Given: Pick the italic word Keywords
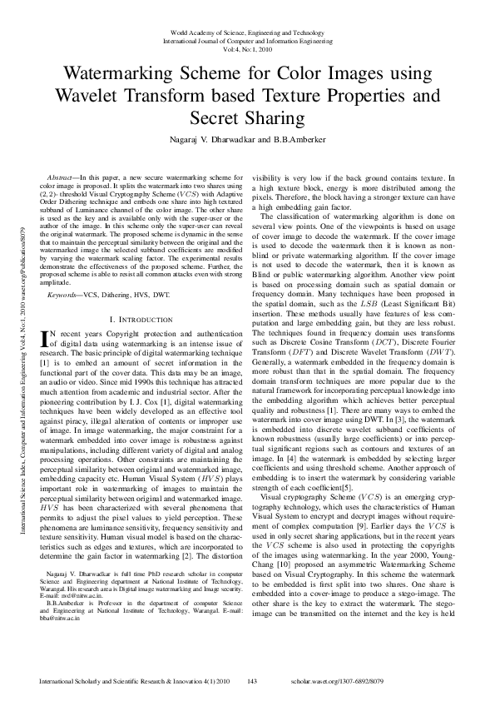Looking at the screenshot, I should (x=63, y=272).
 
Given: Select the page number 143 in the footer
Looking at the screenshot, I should (x=253, y=683).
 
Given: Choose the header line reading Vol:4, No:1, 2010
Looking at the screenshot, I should (x=247, y=50).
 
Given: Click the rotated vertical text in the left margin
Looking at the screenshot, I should (x=23, y=350).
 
